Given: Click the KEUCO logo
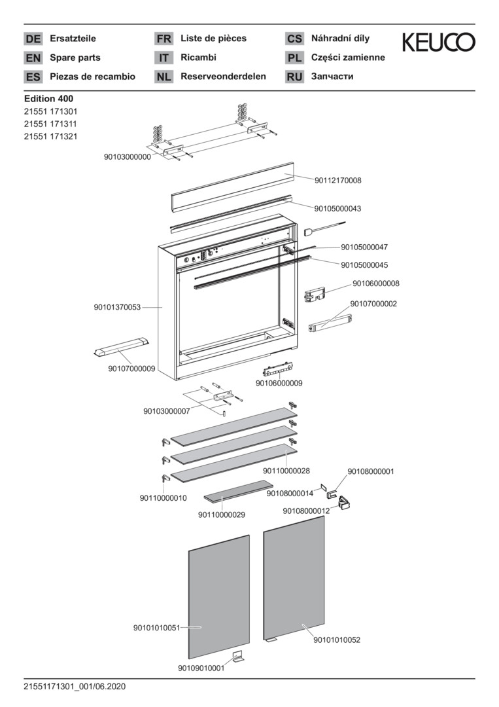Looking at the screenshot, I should (x=438, y=43).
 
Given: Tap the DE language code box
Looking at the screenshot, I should (x=33, y=39).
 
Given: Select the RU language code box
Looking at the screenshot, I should (x=294, y=77).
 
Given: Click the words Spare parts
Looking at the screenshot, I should (x=75, y=58).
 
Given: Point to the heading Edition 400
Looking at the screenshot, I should (x=48, y=99).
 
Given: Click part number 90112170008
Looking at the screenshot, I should (x=337, y=180).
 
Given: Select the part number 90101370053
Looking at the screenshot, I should (x=117, y=307).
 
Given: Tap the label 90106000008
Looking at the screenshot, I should (x=375, y=283).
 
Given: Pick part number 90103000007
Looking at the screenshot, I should (x=166, y=411).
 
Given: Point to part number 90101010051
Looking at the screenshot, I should (x=156, y=628).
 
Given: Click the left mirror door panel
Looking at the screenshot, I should (x=219, y=596).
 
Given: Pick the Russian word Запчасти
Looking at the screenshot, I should (x=332, y=77).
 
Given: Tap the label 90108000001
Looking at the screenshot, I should (x=370, y=471).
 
